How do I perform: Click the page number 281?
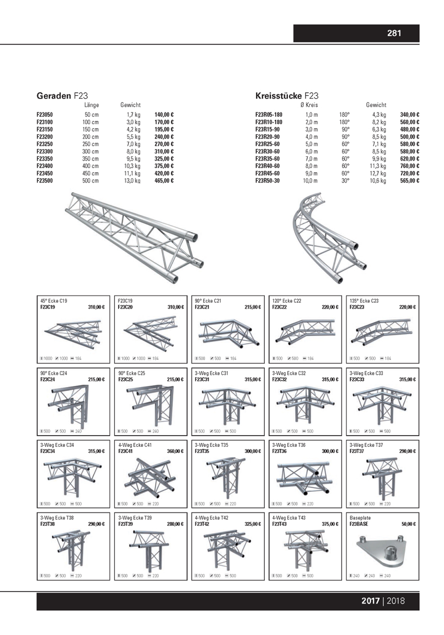(x=394, y=33)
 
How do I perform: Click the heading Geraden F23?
(x=62, y=96)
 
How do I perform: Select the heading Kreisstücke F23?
(x=287, y=96)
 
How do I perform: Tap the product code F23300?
(x=48, y=151)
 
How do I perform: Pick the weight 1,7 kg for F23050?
(x=134, y=114)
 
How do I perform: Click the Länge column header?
(x=91, y=105)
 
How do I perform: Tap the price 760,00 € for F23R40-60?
(x=410, y=166)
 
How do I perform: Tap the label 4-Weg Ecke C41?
(x=135, y=445)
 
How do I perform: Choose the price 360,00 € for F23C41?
(x=176, y=451)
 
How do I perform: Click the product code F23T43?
(x=282, y=524)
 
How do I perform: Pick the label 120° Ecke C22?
(x=287, y=301)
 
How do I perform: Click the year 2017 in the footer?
(x=370, y=601)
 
